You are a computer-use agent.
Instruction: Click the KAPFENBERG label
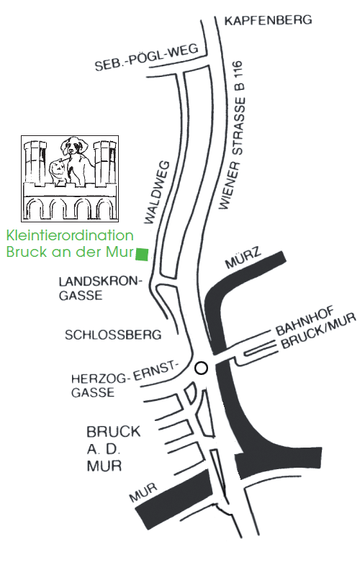point(269,20)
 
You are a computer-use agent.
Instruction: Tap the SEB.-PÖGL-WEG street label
point(147,58)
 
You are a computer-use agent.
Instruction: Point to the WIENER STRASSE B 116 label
point(233,135)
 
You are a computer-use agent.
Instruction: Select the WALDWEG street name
point(157,192)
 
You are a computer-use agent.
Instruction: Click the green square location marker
point(142,254)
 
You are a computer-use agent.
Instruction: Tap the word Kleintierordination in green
point(70,235)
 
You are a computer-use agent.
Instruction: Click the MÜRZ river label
point(243,257)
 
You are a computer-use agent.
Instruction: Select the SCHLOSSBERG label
point(113,335)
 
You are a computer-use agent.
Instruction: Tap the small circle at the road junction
point(201,368)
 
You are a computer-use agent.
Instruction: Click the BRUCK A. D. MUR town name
point(113,449)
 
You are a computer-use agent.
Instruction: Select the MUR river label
point(143,492)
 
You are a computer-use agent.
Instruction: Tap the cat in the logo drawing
point(58,172)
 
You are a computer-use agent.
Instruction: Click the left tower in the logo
point(35,162)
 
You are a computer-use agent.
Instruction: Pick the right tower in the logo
point(104,162)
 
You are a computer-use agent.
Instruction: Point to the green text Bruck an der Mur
point(70,252)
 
